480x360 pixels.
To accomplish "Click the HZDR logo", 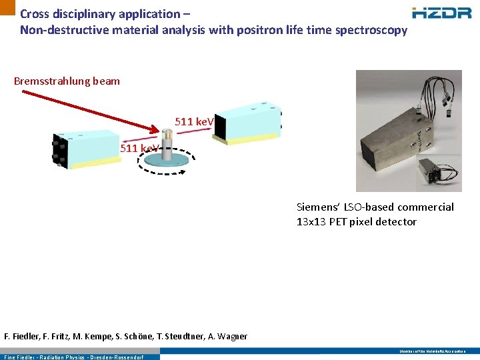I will click(x=443, y=13).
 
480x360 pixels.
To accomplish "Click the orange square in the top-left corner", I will click(x=7, y=7).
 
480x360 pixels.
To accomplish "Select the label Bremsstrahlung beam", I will click(x=67, y=81).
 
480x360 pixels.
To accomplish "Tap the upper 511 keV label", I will click(x=194, y=121).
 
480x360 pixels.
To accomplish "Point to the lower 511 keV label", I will click(x=139, y=148).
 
